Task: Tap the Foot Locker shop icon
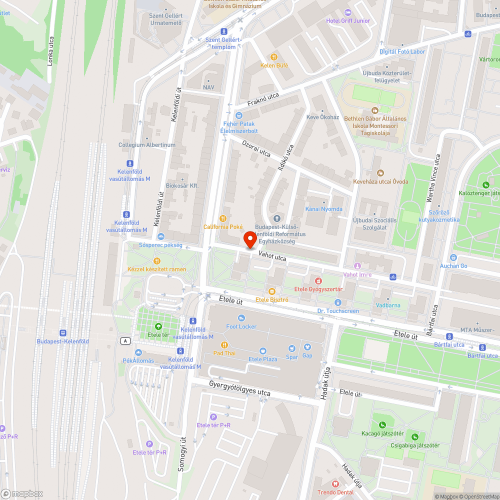pyautogui.click(x=241, y=318)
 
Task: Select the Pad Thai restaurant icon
pyautogui.click(x=224, y=344)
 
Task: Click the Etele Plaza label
pyautogui.click(x=262, y=359)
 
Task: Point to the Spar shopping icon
pyautogui.click(x=291, y=348)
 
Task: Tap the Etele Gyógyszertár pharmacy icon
pyautogui.click(x=318, y=280)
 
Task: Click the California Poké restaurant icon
pyautogui.click(x=223, y=218)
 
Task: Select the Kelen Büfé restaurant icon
pyautogui.click(x=274, y=57)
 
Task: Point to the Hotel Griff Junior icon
pyautogui.click(x=348, y=12)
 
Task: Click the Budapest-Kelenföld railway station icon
pyautogui.click(x=62, y=333)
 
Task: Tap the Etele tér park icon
pyautogui.click(x=158, y=326)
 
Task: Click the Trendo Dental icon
pyautogui.click(x=335, y=484)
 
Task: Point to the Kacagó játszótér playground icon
pyautogui.click(x=382, y=424)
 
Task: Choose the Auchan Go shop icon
pyautogui.click(x=453, y=257)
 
